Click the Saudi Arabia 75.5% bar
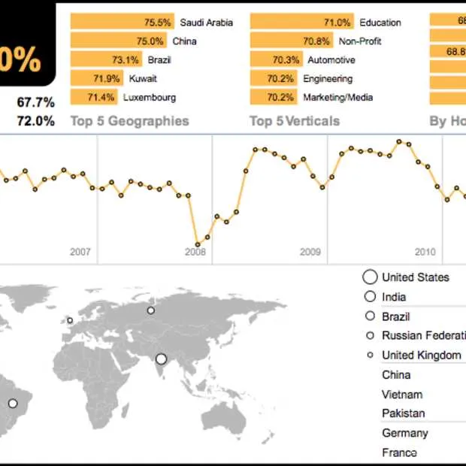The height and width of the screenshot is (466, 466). click(x=122, y=23)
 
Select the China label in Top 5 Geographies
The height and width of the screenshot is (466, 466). click(x=184, y=41)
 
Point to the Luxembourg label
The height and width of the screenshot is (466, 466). click(x=150, y=97)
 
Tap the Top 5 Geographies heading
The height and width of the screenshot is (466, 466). click(x=129, y=121)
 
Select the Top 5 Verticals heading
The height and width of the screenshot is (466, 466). click(x=295, y=121)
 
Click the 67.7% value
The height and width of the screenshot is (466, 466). click(x=35, y=102)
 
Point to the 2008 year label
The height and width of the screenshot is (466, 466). click(x=195, y=252)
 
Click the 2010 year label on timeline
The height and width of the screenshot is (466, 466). click(x=425, y=252)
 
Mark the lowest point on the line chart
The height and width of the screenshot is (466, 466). click(x=198, y=244)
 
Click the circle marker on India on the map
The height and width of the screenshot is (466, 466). click(x=161, y=359)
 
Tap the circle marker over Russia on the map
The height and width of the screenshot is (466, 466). click(x=151, y=310)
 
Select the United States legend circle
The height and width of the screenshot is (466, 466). click(x=370, y=277)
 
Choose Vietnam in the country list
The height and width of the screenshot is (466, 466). click(x=402, y=394)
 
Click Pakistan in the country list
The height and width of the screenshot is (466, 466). click(x=403, y=413)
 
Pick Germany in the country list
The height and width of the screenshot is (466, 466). click(x=405, y=432)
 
